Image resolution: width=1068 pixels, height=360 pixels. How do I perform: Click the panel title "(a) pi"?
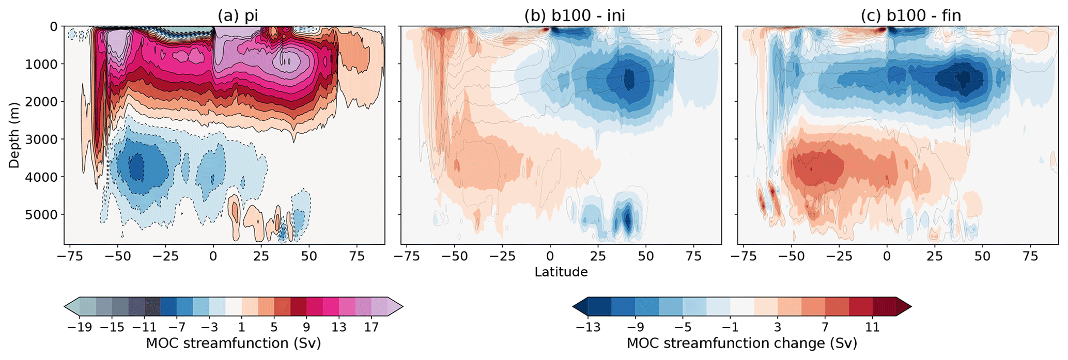tap(237, 15)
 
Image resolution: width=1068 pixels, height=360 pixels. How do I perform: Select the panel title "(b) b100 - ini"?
tap(575, 15)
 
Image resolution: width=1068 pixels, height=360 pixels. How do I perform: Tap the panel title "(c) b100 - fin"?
tap(910, 15)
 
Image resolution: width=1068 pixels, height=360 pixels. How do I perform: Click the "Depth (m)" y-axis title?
tap(14, 133)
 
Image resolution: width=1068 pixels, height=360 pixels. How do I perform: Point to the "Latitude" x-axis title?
tap(561, 272)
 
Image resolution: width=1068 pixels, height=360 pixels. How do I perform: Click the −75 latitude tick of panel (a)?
tap(69, 257)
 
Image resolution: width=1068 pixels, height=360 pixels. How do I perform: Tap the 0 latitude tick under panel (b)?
tap(550, 257)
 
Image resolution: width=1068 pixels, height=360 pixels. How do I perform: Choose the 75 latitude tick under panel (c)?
tap(1030, 257)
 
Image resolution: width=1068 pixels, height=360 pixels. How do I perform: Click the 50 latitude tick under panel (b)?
tap(646, 257)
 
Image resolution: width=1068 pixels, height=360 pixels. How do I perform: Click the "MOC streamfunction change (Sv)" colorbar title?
tap(741, 343)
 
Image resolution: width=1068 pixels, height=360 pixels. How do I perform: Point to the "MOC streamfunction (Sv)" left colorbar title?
tap(234, 343)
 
